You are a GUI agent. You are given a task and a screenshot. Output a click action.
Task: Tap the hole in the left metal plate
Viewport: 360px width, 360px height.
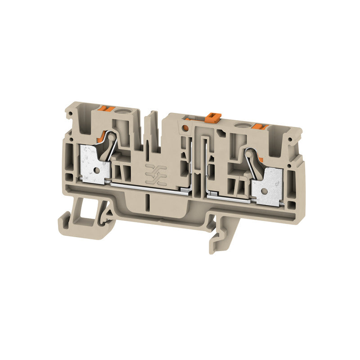click(x=95, y=171)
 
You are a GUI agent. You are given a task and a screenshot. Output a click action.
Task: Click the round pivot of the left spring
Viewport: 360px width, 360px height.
click(x=109, y=135)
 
